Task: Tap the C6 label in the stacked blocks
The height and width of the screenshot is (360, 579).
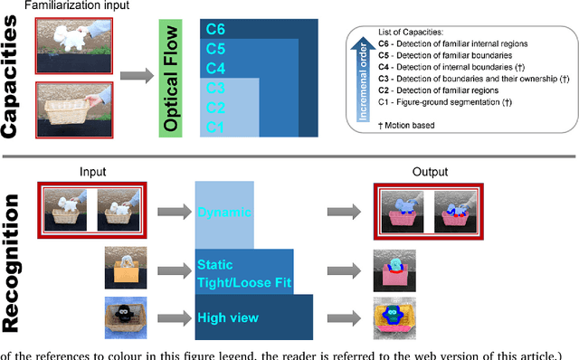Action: tap(215, 30)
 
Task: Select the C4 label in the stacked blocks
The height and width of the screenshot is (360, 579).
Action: tap(215, 68)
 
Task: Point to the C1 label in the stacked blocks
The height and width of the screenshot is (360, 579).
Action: tap(214, 127)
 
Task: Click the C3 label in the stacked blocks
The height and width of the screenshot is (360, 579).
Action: tap(214, 88)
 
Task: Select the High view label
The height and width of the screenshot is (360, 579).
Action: tap(227, 317)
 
